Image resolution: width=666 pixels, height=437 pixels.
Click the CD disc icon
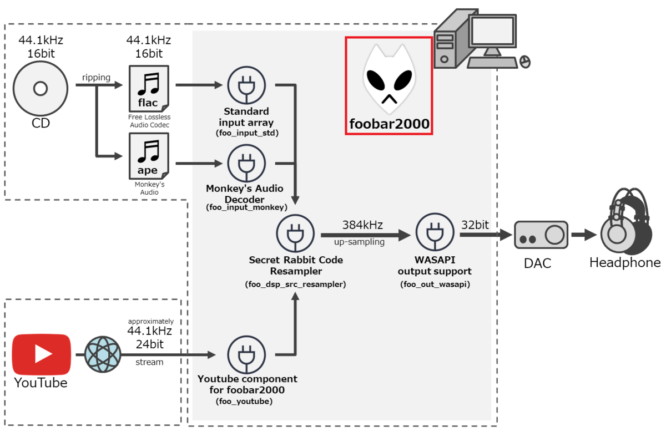pyautogui.click(x=41, y=89)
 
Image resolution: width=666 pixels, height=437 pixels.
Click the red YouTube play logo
pyautogui.click(x=42, y=354)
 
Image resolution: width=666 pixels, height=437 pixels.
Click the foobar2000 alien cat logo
pyautogui.click(x=388, y=78)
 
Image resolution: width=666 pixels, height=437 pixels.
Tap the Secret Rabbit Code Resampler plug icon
pyautogui.click(x=295, y=235)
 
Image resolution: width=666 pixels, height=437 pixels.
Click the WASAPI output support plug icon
pyautogui.click(x=435, y=235)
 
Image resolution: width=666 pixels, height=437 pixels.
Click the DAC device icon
pyautogui.click(x=541, y=235)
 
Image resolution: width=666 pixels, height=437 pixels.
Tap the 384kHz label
pyautogui.click(x=362, y=225)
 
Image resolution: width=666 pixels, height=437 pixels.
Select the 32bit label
pyautogui.click(x=475, y=225)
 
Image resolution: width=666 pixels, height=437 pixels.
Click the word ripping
pyautogui.click(x=96, y=78)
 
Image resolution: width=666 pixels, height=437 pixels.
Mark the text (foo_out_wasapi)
pyautogui.click(x=435, y=284)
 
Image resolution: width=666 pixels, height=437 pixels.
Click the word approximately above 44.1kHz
pyautogui.click(x=151, y=322)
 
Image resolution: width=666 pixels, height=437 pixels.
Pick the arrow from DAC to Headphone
pyautogui.click(x=584, y=235)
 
